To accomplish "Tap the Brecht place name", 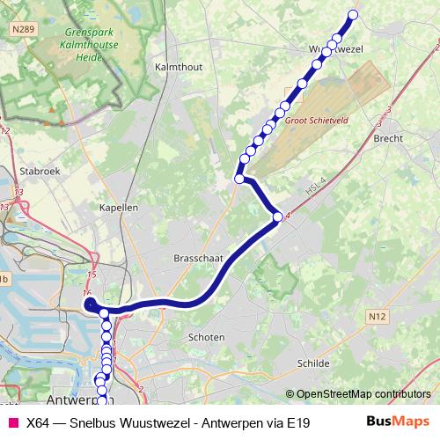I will click(x=388, y=138).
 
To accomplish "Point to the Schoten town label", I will click(x=207, y=337).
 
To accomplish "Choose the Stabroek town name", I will click(x=40, y=172).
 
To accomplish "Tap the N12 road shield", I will click(x=378, y=316).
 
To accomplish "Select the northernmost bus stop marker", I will click(x=354, y=14).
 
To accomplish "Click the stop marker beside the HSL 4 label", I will click(x=277, y=216).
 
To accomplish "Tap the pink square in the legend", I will click(x=12, y=422).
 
